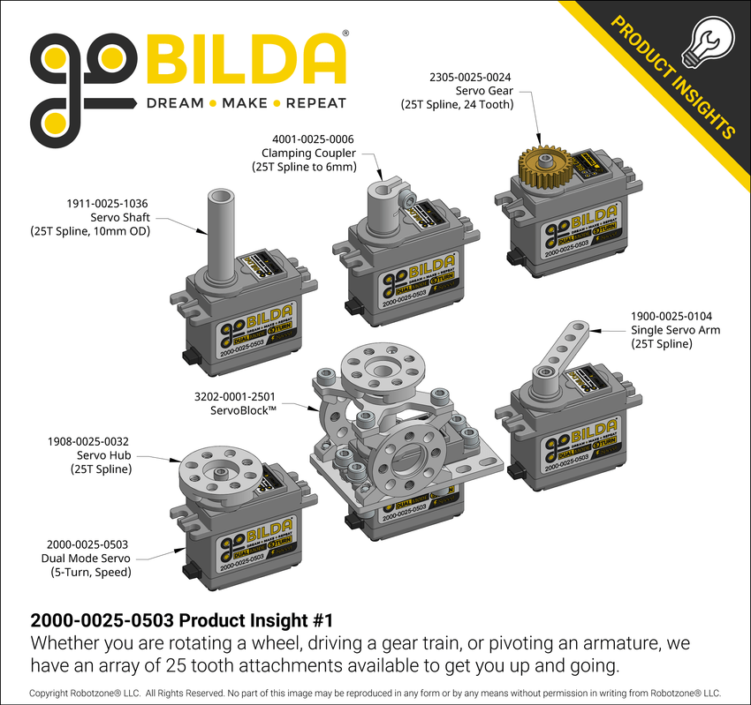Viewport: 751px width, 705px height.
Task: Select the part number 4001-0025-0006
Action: click(313, 138)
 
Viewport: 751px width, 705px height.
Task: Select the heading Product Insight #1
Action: click(180, 619)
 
